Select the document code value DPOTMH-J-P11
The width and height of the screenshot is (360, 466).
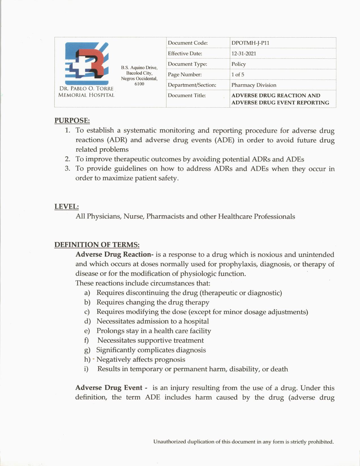(250, 43)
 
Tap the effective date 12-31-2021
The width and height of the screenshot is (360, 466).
(244, 54)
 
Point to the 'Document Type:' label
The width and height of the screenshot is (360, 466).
(187, 64)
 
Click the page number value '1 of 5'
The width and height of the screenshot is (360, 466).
(238, 75)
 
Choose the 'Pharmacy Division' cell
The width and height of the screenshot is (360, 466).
(254, 85)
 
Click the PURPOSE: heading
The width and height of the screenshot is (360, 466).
(72, 121)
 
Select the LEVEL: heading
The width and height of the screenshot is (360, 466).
(66, 207)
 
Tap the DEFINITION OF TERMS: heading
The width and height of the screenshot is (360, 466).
(97, 245)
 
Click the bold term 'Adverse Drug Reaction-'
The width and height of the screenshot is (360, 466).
(114, 254)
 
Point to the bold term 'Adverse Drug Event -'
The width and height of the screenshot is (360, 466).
(111, 388)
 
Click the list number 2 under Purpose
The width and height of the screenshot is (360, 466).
(67, 159)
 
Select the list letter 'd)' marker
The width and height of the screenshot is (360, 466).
(87, 321)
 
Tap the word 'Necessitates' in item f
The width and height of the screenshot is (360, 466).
(116, 341)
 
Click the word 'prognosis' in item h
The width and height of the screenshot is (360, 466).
(169, 360)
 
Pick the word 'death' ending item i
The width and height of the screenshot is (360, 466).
(279, 369)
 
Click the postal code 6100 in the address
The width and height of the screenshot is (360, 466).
(139, 84)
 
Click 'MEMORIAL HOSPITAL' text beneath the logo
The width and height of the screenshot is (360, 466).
(86, 95)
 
